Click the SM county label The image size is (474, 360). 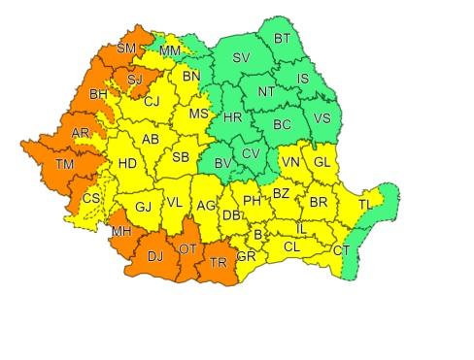click(126, 48)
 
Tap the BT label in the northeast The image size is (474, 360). click(282, 39)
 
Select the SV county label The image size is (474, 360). click(241, 58)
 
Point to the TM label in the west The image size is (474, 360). click(64, 166)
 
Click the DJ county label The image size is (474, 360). click(154, 255)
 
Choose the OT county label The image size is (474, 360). click(188, 249)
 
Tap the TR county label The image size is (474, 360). click(219, 263)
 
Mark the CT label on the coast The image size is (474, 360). click(341, 250)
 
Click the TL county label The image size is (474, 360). click(364, 205)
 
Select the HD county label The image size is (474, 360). click(127, 165)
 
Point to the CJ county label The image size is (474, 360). click(152, 101)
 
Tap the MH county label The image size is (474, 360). click(120, 231)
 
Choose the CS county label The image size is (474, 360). click(90, 199)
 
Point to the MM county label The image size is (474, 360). click(169, 50)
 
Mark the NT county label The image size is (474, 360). click(266, 92)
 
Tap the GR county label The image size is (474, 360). click(246, 257)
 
